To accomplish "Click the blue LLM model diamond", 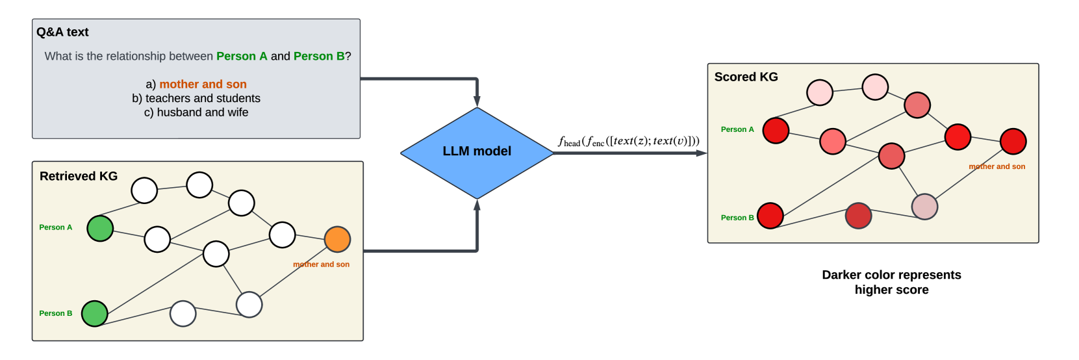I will click(477, 152).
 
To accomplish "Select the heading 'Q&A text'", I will click(62, 32).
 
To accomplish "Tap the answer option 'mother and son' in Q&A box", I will click(203, 84).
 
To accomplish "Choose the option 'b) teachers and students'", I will click(196, 99).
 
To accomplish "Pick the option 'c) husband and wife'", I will click(196, 112).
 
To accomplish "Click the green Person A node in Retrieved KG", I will click(100, 229).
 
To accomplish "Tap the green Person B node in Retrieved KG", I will click(95, 314).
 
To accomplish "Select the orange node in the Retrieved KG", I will click(337, 240).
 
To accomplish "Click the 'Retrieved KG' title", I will click(79, 176).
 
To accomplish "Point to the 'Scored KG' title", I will click(746, 77).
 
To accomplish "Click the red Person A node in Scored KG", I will click(776, 131).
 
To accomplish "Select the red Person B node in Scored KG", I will click(770, 216).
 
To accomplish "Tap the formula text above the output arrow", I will click(629, 141).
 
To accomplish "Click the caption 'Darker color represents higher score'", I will click(891, 283).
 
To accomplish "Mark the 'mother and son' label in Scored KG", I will click(996, 167).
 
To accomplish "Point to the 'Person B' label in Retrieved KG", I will click(56, 314).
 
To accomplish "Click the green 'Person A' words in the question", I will click(242, 57).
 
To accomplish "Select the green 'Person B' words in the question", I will click(319, 57).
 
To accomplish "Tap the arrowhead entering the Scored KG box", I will click(702, 153).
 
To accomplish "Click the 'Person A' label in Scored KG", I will click(737, 130).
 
